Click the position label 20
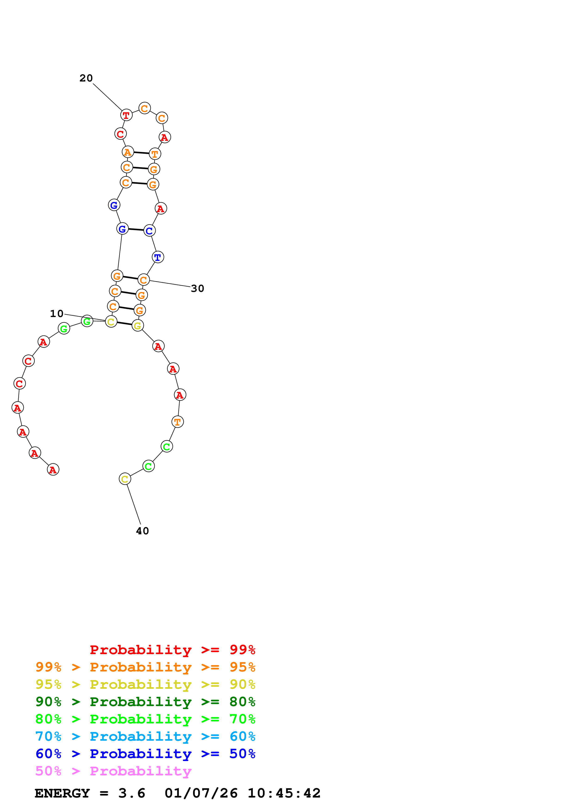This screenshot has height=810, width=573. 86,78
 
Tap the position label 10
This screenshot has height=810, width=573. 56,313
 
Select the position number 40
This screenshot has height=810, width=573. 142,531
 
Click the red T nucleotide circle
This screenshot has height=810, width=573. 126,115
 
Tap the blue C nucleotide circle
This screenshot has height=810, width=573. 149,231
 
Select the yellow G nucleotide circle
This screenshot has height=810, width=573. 137,326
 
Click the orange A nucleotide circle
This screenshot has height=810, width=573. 127,152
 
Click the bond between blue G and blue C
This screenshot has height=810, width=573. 136,230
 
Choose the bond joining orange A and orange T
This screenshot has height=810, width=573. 141,153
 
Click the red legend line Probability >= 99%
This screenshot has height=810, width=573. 172,650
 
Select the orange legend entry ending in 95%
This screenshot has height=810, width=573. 145,667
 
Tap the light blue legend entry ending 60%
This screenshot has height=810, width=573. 145,736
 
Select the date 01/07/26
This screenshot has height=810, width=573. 201,793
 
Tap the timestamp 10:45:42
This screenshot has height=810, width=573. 284,793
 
